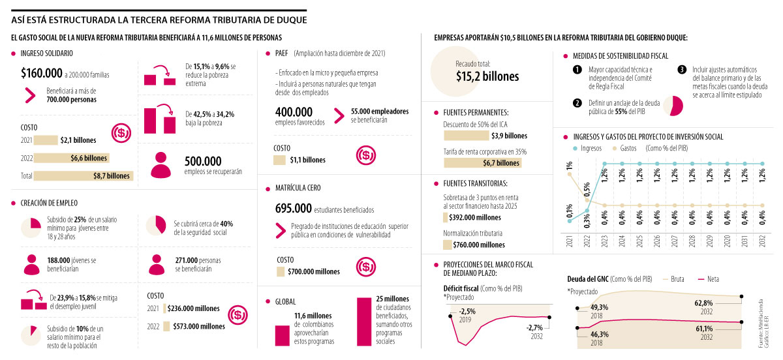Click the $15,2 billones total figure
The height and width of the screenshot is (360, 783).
pyautogui.click(x=487, y=76)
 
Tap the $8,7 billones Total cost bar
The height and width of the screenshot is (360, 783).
pyautogui.click(x=84, y=175)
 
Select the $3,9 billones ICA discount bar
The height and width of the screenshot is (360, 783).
pyautogui.click(x=485, y=136)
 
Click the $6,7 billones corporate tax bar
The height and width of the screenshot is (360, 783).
pyautogui.click(x=482, y=162)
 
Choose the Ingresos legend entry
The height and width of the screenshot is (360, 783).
pyautogui.click(x=587, y=148)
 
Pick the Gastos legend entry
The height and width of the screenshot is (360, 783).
pyautogui.click(x=624, y=148)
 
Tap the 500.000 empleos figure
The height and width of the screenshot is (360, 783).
pyautogui.click(x=203, y=160)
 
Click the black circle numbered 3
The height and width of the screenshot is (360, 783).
pyautogui.click(x=682, y=70)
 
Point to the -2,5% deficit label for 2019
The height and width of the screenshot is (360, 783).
pyautogui.click(x=467, y=311)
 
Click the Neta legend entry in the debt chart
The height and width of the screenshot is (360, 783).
pyautogui.click(x=711, y=278)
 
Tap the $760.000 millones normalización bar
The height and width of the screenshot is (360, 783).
pyautogui.click(x=474, y=245)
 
